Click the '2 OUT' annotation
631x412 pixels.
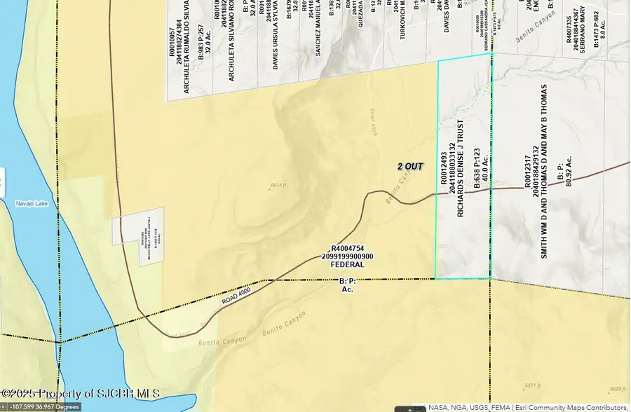point(409,166)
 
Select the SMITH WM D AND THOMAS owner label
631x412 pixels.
point(543,172)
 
